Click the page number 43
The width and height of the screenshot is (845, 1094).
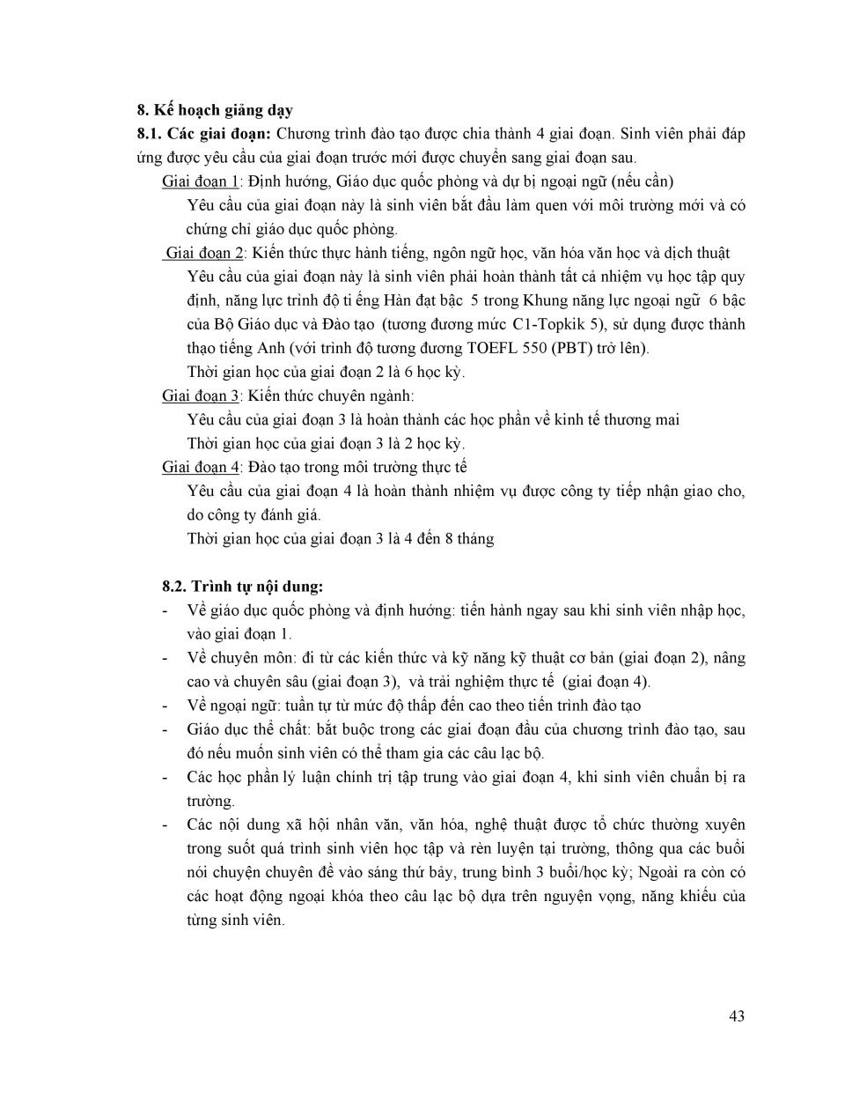[x=737, y=1016]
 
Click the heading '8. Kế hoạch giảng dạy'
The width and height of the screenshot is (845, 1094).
[x=215, y=110]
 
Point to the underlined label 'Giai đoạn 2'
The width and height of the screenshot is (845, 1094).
[x=202, y=254]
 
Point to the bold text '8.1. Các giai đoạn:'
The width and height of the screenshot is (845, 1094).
[x=203, y=134]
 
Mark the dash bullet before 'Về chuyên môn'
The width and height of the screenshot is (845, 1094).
[x=165, y=658]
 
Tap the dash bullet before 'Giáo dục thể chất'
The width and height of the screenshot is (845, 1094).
[x=165, y=729]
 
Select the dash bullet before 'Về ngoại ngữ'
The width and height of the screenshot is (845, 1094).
[x=165, y=706]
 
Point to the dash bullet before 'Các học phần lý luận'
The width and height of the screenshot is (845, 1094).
[x=165, y=777]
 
